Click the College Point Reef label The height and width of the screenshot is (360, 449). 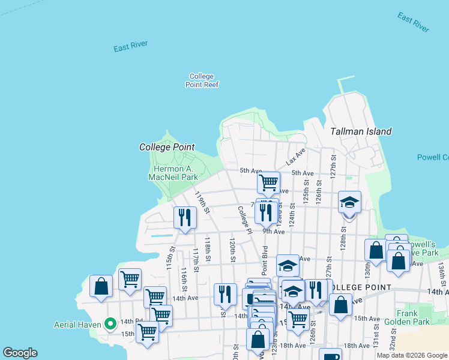[x=202, y=80]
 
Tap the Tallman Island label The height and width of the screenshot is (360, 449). [x=361, y=131]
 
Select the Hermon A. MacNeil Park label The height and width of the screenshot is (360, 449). [x=172, y=173]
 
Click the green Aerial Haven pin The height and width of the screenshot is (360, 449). [x=110, y=324]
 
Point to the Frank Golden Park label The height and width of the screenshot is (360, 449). [x=411, y=317]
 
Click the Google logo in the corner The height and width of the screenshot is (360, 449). [x=20, y=353]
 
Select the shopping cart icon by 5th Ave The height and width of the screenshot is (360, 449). [x=268, y=182]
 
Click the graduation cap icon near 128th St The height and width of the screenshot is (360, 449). [x=349, y=203]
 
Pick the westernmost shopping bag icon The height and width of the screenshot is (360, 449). [x=101, y=286]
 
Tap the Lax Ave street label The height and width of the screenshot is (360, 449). [x=295, y=157]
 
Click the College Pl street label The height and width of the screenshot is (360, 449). [x=244, y=220]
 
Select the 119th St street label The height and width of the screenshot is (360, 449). [x=202, y=202]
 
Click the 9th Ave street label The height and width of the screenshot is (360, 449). [x=273, y=231]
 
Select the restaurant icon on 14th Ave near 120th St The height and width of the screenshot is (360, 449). [x=225, y=294]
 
